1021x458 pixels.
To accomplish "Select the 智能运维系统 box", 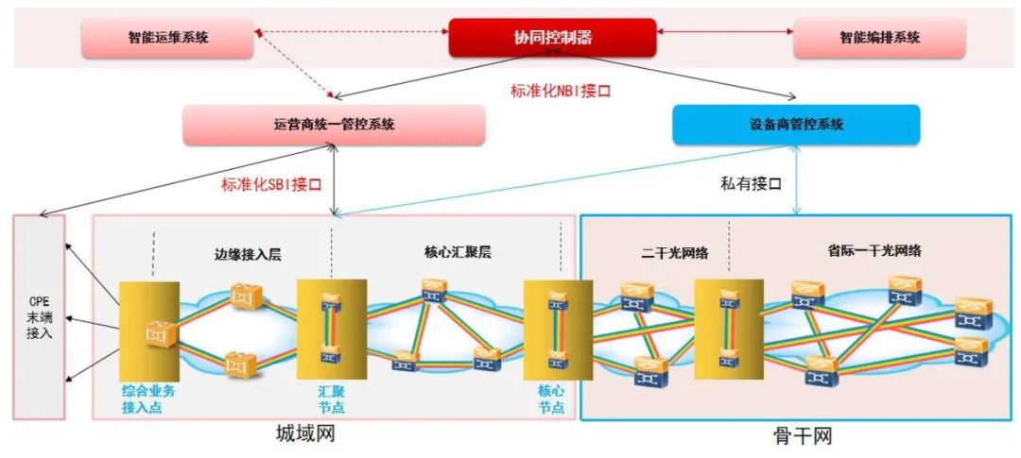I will (168, 38).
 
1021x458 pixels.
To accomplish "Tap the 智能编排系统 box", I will (879, 38).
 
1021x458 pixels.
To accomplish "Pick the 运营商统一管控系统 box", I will (333, 125).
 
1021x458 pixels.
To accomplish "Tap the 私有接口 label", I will (752, 183).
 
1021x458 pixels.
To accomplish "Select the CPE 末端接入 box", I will (39, 316).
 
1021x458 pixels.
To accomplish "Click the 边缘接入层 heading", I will (242, 254).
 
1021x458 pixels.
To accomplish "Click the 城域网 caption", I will (305, 435).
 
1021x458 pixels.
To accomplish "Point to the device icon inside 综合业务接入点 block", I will (156, 333).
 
